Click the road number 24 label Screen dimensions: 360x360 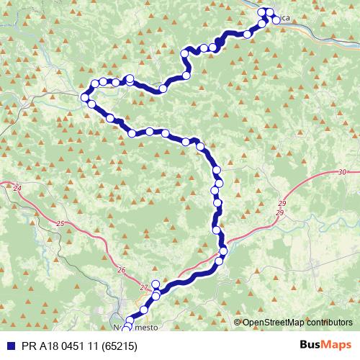(x=18, y=189)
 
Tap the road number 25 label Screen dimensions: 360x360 (x=60, y=224)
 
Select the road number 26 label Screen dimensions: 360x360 (x=120, y=270)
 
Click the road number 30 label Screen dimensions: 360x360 (x=341, y=172)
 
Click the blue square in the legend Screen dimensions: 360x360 (x=7, y=346)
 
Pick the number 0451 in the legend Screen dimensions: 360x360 (x=64, y=346)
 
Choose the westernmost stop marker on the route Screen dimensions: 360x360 (x=86, y=96)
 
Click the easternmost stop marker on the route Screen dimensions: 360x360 (x=276, y=20)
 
